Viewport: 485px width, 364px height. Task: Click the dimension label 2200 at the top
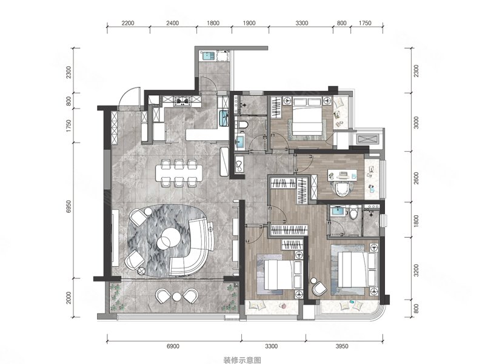[128, 23]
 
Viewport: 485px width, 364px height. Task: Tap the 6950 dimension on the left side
[69, 206]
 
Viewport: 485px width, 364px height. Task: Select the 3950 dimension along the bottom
[342, 346]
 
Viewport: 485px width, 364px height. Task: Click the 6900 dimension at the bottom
[173, 346]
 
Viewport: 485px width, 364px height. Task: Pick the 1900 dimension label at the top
[249, 23]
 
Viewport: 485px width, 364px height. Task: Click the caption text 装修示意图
[242, 360]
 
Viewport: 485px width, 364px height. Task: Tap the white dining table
[179, 173]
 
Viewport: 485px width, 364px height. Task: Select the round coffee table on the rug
[169, 238]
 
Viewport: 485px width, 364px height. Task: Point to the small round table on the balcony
[176, 296]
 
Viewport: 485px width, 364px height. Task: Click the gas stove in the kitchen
[182, 101]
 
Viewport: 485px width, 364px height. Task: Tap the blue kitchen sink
[223, 118]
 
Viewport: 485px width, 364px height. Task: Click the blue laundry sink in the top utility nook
[208, 56]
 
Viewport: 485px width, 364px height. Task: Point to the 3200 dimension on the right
[416, 270]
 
